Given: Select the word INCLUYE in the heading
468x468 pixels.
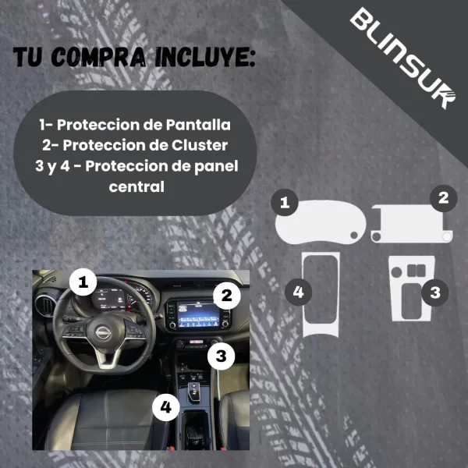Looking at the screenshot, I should [204, 59].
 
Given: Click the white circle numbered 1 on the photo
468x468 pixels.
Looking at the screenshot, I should [83, 282].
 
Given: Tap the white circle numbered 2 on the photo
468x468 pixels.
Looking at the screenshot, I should [225, 295].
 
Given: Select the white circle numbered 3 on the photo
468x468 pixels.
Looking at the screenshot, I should [222, 356].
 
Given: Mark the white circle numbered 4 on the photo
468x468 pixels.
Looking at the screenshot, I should [163, 406].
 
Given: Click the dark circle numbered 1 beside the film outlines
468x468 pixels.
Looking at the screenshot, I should [285, 204].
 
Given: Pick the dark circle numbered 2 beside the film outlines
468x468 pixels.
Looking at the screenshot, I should [443, 197].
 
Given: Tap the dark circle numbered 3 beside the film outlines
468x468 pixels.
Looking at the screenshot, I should [435, 292].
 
